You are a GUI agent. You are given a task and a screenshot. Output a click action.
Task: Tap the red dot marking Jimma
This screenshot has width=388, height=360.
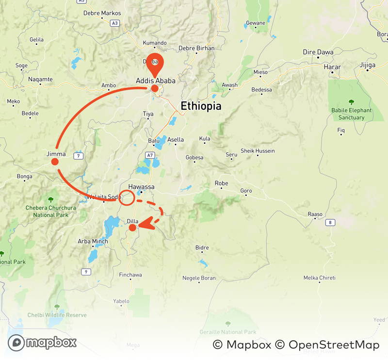[55, 162]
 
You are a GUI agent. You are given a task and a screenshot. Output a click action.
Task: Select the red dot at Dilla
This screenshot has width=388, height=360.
[132, 227]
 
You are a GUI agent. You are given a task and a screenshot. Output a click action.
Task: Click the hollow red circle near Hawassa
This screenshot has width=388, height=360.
[127, 197]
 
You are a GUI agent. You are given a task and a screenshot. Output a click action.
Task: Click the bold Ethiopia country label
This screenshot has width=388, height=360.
[201, 106]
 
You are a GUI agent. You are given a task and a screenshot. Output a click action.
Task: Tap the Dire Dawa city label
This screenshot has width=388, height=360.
[316, 52]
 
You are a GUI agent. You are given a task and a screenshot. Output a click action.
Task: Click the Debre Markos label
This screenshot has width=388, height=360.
[102, 13]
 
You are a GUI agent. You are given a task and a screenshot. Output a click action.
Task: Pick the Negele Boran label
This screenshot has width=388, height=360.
[199, 278]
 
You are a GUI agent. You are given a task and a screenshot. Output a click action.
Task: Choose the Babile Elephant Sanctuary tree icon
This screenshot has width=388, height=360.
[351, 102]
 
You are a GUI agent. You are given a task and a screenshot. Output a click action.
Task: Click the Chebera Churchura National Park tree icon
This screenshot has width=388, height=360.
[51, 199]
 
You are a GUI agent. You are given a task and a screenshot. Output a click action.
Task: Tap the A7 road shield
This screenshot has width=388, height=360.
[150, 155]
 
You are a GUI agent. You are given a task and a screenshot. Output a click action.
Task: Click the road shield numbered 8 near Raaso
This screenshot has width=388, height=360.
[330, 222]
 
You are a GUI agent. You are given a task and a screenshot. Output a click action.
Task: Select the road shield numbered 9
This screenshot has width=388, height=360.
[86, 272]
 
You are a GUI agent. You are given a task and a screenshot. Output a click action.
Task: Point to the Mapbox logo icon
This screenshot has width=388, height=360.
[16, 343]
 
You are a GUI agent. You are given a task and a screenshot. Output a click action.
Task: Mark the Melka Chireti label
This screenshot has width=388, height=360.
[320, 278]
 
